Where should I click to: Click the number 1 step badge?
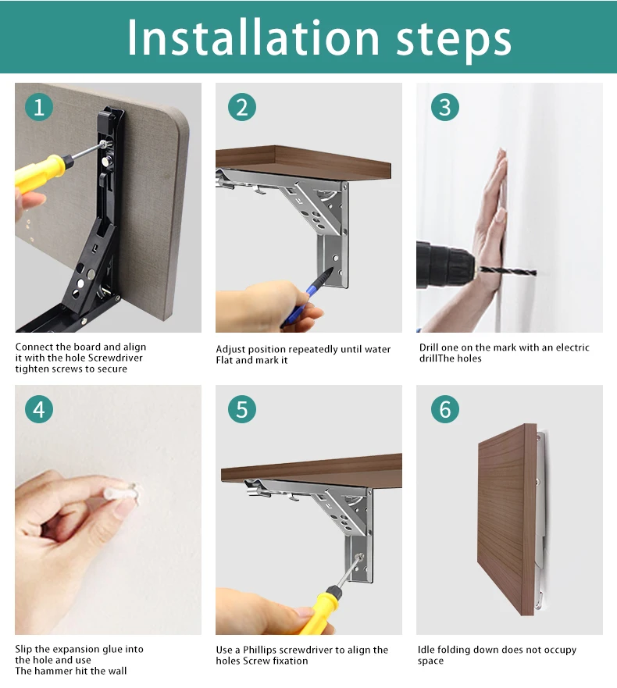click(x=38, y=107)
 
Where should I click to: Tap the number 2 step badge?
click(x=242, y=107)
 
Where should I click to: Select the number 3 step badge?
click(x=445, y=107)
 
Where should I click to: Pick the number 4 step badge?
click(x=38, y=409)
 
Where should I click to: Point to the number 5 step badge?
click(x=242, y=409)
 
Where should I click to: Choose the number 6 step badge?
click(x=445, y=409)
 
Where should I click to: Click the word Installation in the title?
click(x=253, y=37)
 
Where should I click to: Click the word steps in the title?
click(x=454, y=41)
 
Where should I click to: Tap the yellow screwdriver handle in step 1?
click(x=41, y=173)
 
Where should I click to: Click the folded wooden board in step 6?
click(x=507, y=519)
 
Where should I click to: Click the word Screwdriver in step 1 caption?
click(x=116, y=358)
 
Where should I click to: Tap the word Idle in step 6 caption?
click(x=426, y=650)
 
